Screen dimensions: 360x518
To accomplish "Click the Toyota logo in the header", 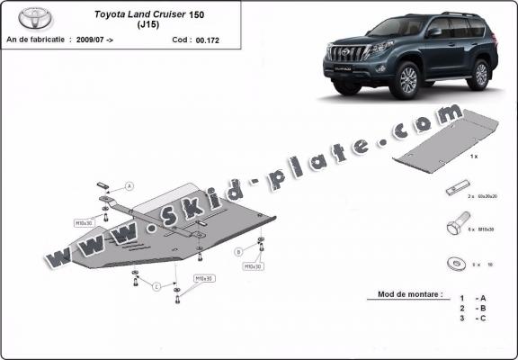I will pyautogui.click(x=35, y=18).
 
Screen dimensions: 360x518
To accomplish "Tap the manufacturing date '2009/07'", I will pyautogui.click(x=89, y=40).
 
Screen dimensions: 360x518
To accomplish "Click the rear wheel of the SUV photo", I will pyautogui.click(x=480, y=74).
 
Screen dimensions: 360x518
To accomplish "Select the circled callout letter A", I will pyautogui.click(x=129, y=186).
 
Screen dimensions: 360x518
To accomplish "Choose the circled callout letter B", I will pyautogui.click(x=237, y=251).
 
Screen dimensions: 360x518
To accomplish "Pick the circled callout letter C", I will pyautogui.click(x=155, y=287).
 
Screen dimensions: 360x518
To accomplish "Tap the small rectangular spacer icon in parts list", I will pyautogui.click(x=456, y=192).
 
